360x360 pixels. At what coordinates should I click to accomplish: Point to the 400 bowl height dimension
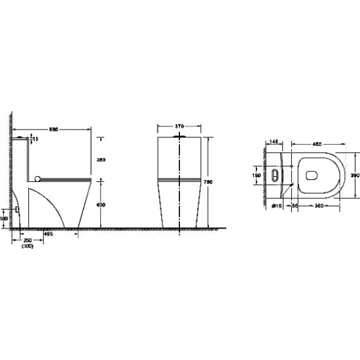pyautogui.click(x=101, y=206)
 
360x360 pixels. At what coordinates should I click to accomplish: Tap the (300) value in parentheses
pyautogui.click(x=27, y=246)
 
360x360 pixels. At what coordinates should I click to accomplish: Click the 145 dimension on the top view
pyautogui.click(x=274, y=142)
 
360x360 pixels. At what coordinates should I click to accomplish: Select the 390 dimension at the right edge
pyautogui.click(x=354, y=176)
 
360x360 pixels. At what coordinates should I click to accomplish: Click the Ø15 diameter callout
pyautogui.click(x=277, y=206)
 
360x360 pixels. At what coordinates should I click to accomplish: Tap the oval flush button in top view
pyautogui.click(x=274, y=175)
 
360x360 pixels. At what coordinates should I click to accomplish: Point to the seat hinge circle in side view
pyautogui.click(x=39, y=177)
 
